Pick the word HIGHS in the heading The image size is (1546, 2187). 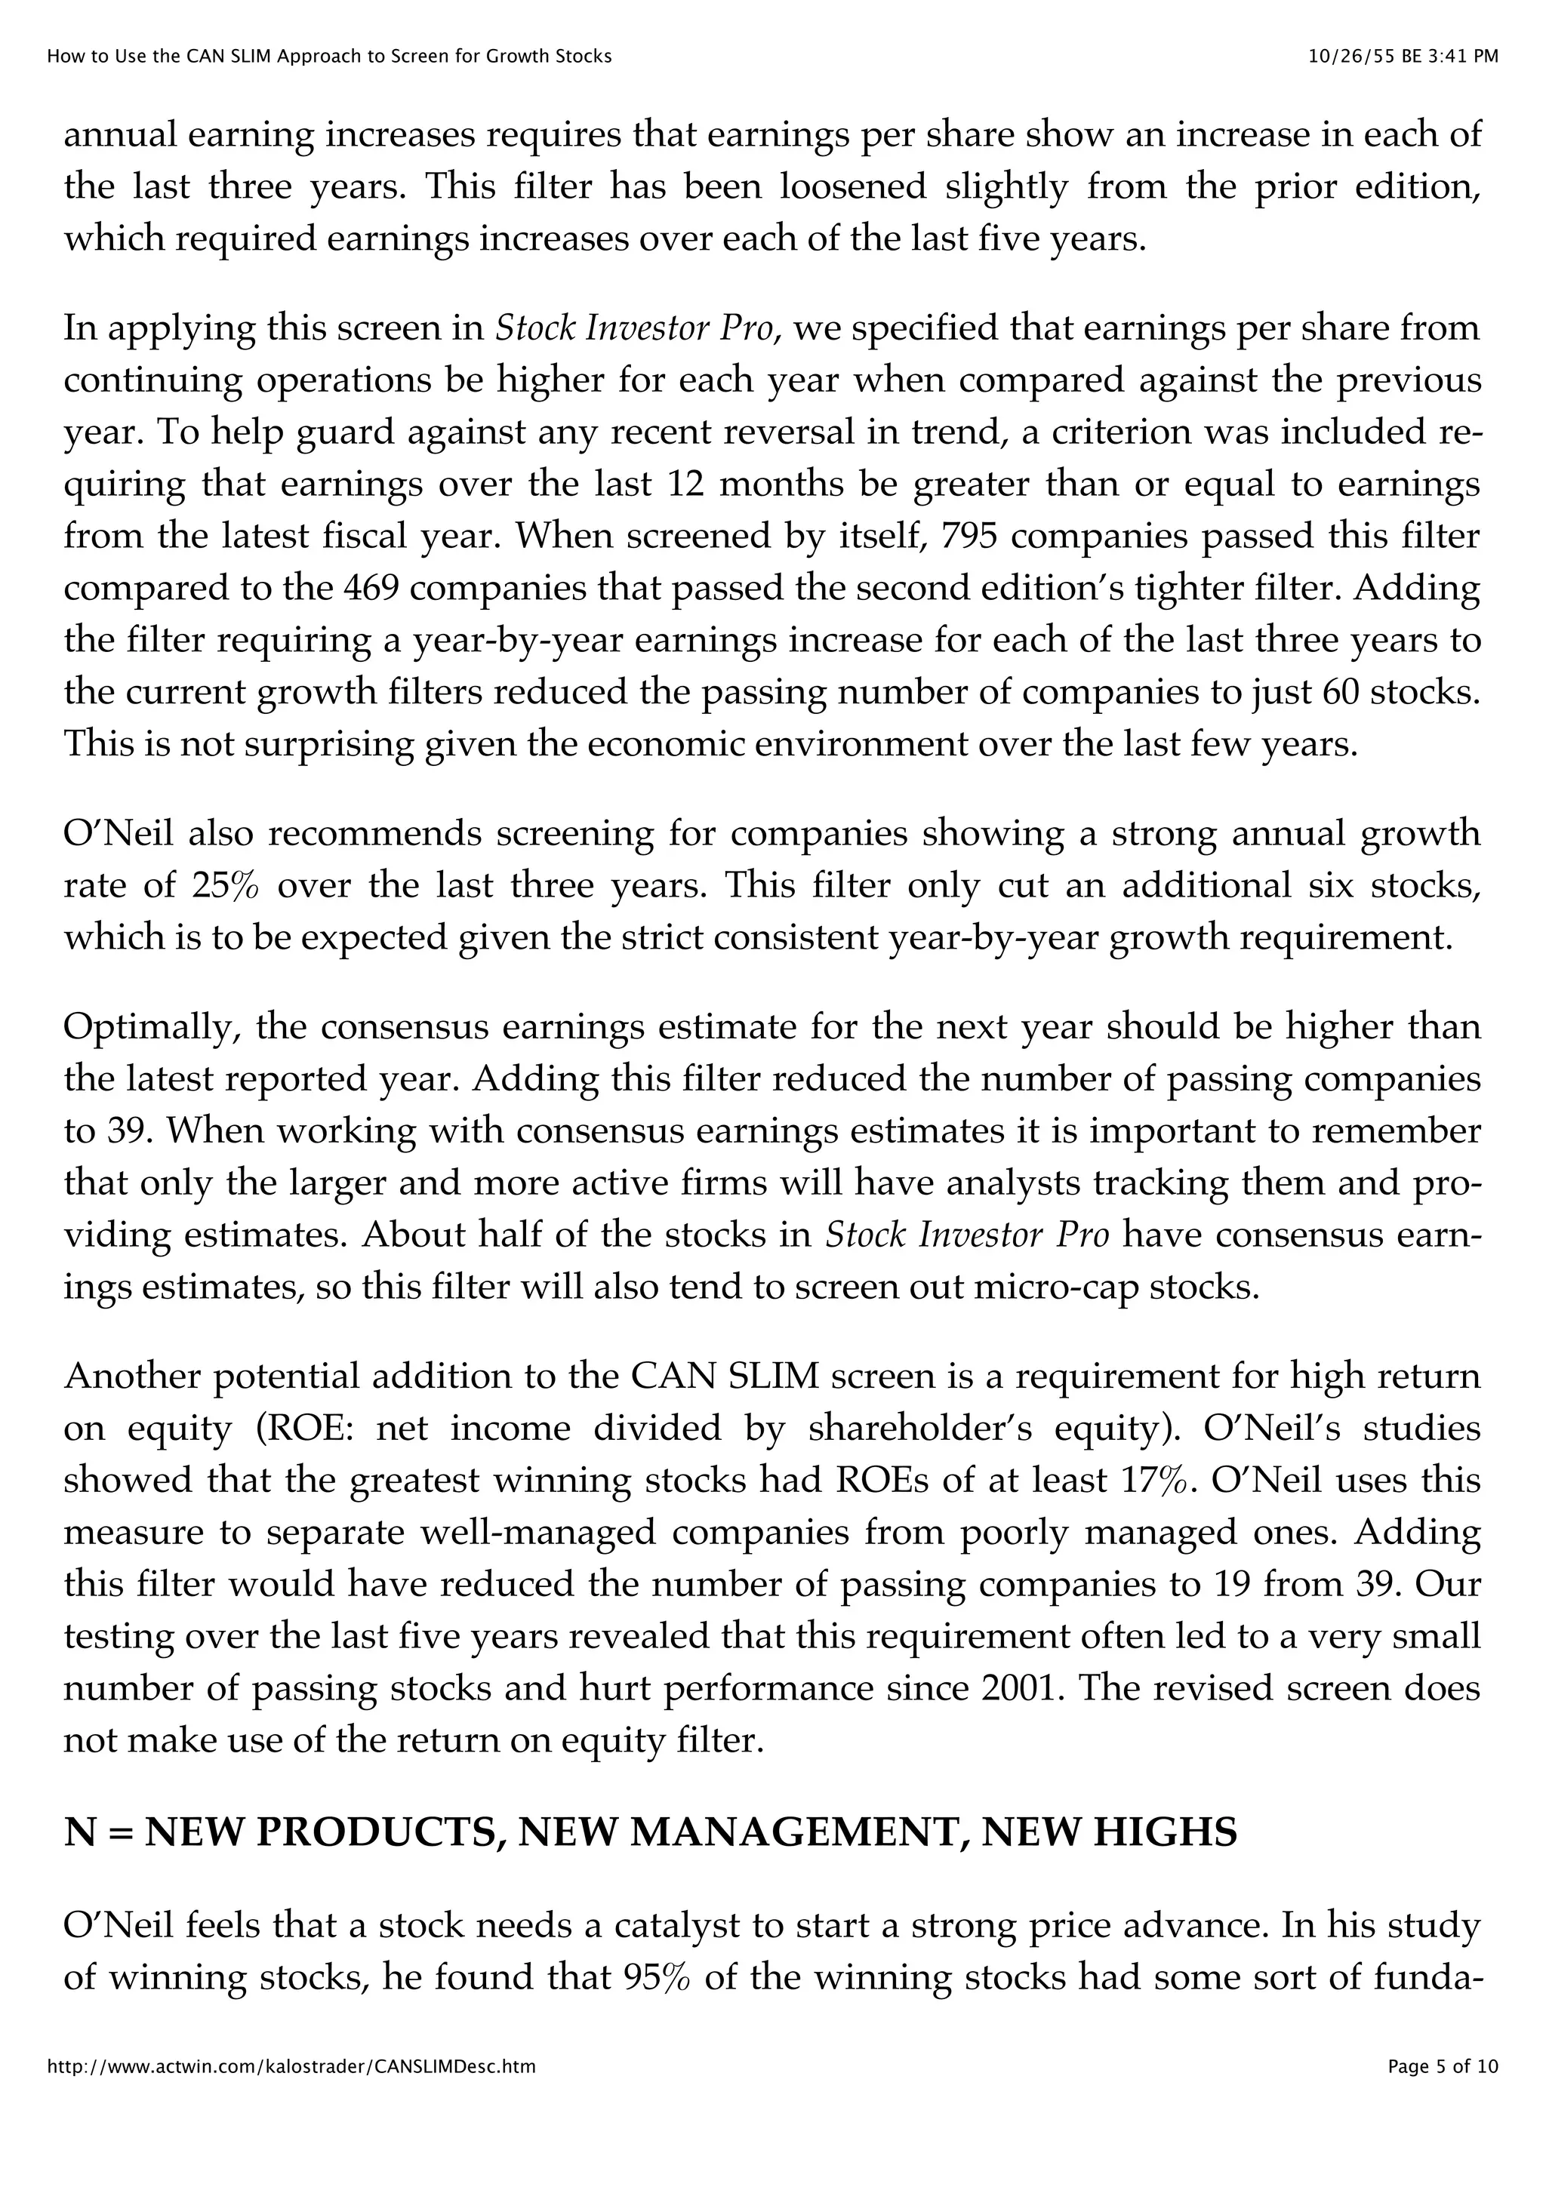click(1164, 1832)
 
